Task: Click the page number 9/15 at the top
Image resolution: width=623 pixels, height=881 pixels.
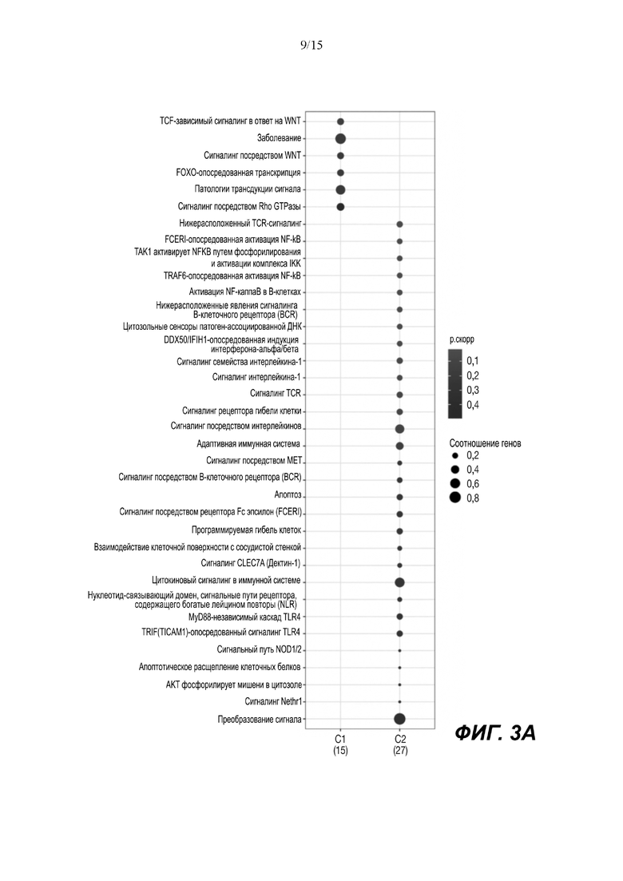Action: coord(311,46)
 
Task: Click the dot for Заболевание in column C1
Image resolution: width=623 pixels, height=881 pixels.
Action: coord(340,139)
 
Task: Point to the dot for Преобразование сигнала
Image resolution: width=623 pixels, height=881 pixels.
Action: coord(399,719)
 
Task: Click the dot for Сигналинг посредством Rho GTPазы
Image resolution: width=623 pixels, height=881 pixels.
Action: coord(340,207)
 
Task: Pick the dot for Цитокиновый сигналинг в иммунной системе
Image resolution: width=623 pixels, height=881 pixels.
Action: coord(399,582)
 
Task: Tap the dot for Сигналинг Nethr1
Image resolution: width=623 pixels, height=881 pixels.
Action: coord(399,702)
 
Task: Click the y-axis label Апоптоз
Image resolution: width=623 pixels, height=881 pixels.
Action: coord(288,496)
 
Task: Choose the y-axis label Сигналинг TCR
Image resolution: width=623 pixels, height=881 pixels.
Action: coord(276,394)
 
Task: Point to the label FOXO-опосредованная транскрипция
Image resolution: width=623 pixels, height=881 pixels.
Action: coord(238,173)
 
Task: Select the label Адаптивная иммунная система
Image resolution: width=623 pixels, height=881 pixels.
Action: coord(248,444)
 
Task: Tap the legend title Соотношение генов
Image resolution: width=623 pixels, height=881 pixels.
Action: coord(486,442)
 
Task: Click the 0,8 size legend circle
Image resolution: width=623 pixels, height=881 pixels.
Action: coord(455,498)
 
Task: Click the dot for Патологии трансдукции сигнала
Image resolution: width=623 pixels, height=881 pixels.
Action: coord(340,190)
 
